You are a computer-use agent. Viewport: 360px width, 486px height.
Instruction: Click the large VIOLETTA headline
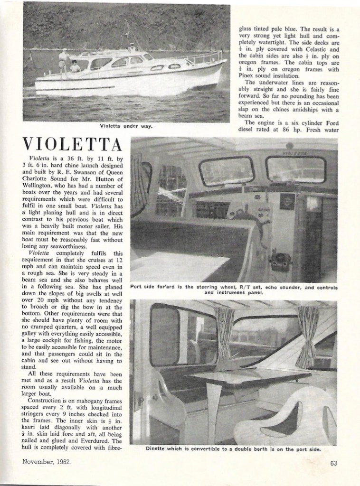tap(72, 143)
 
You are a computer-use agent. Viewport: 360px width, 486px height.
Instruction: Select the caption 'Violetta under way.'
tap(126, 126)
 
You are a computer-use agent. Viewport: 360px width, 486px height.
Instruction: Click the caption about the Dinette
tap(234, 449)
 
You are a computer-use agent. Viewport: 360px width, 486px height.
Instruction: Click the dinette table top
tap(247, 377)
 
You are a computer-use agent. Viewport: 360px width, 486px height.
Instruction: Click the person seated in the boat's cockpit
tap(75, 67)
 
